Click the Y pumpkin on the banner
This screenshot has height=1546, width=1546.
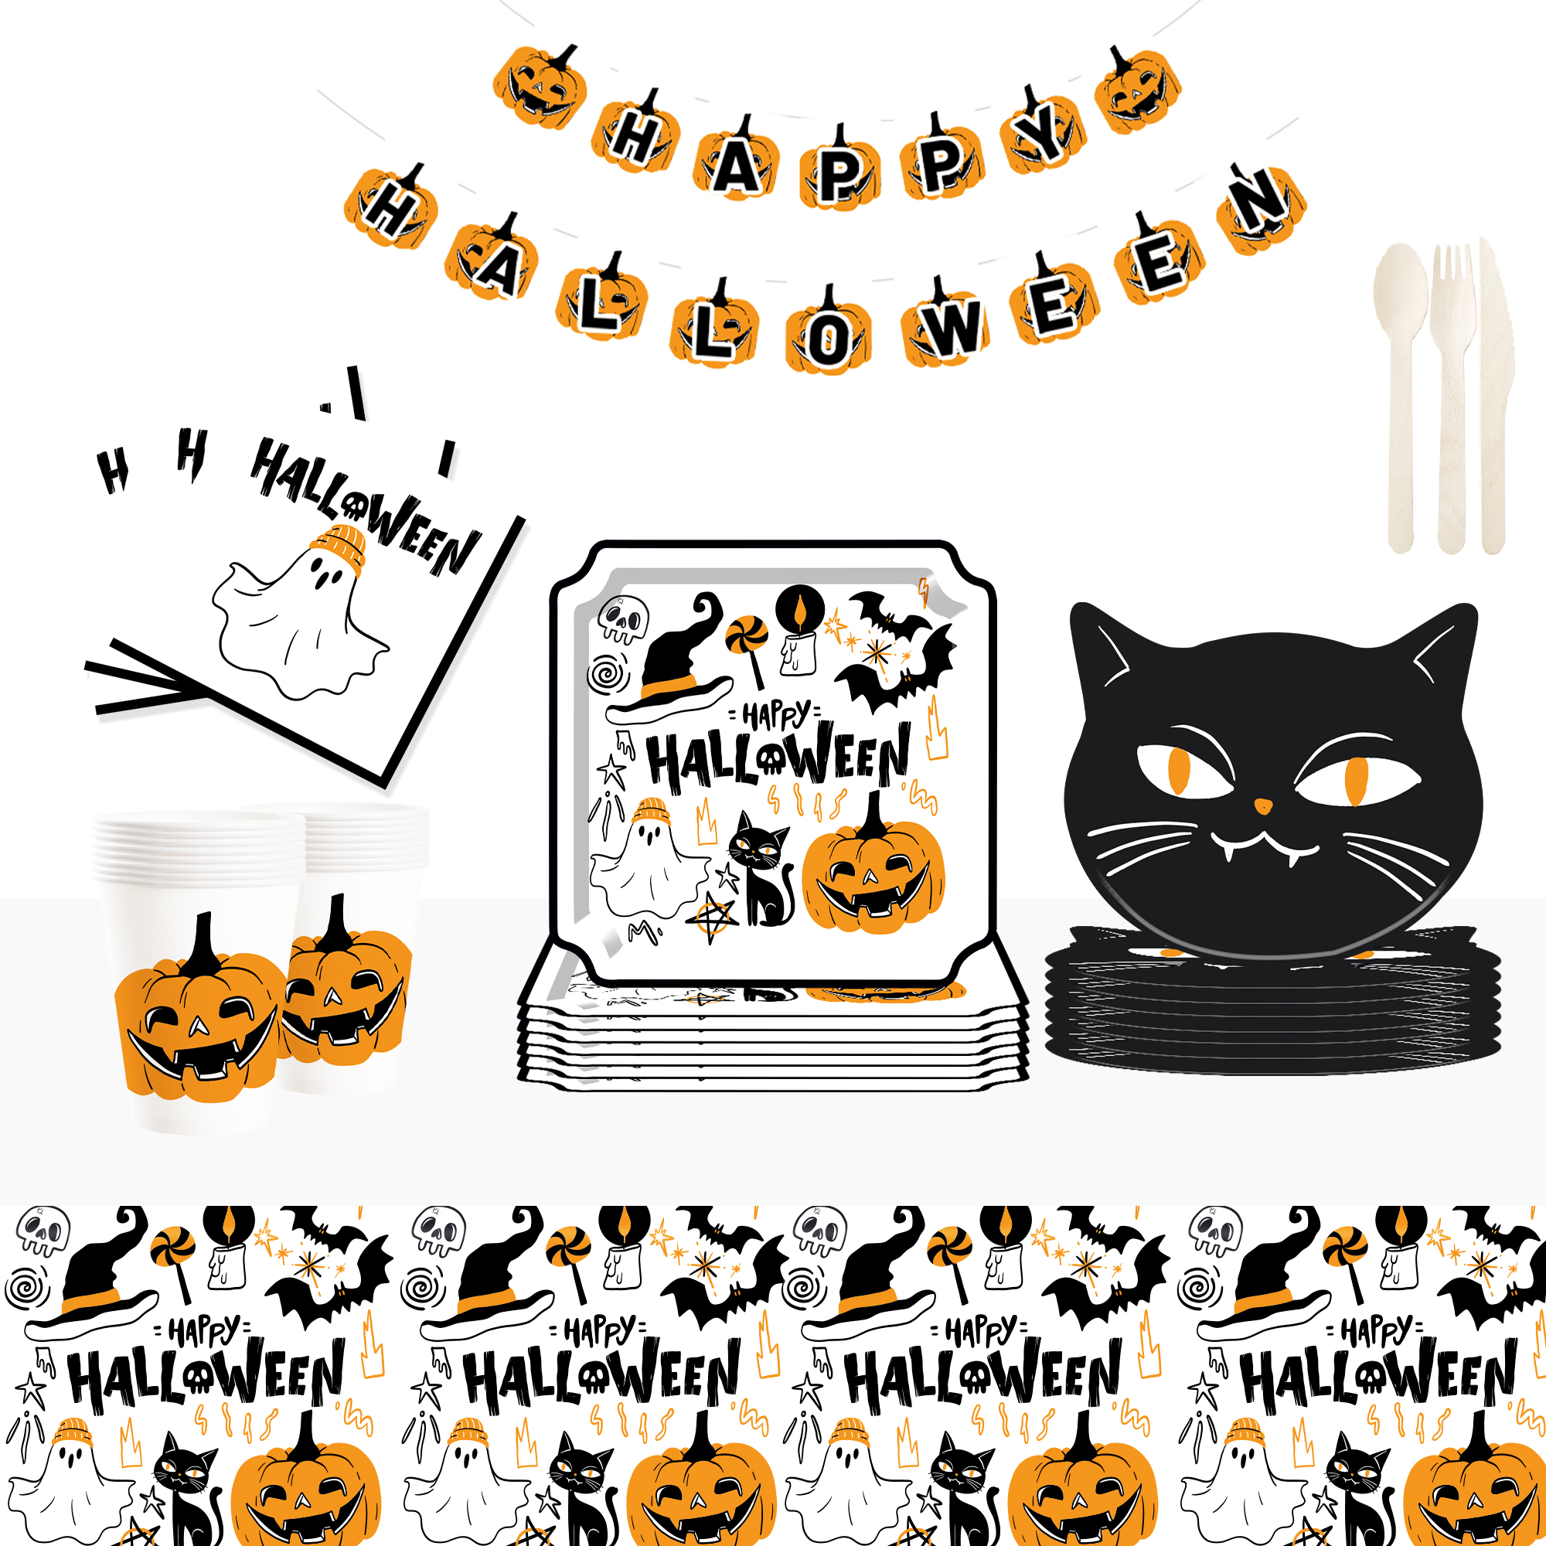tap(1045, 131)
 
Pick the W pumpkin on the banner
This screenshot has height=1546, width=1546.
tap(947, 322)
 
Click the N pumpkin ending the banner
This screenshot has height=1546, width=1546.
tap(1261, 208)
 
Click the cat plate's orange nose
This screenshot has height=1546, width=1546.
tap(1263, 805)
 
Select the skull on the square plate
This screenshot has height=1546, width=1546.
tap(623, 618)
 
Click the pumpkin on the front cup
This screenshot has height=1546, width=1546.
tap(200, 1010)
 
